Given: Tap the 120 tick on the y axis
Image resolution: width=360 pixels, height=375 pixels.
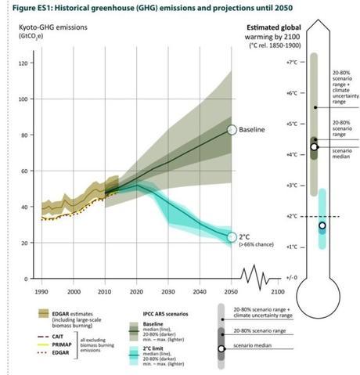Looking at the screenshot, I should (23, 63).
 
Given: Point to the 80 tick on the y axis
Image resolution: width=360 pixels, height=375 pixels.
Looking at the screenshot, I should (24, 135).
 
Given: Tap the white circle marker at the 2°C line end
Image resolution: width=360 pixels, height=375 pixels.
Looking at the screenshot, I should (232, 236).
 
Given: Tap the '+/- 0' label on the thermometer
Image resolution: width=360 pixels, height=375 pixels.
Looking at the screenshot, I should (290, 277).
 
